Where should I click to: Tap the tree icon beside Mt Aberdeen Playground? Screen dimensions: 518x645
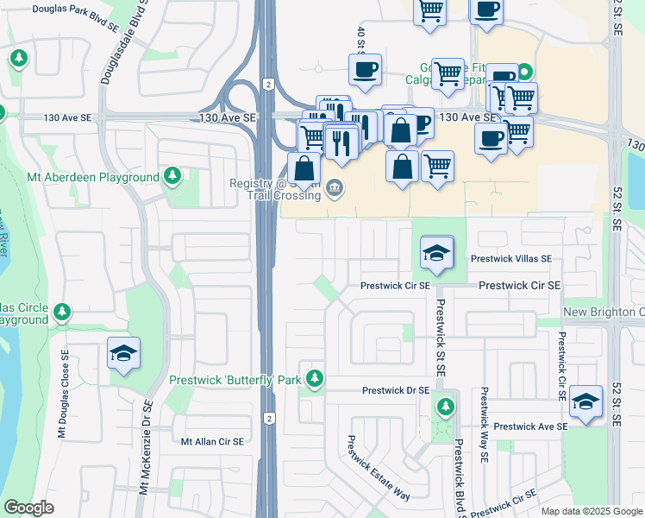point(172,177)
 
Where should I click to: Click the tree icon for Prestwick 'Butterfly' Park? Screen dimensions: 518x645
point(316,378)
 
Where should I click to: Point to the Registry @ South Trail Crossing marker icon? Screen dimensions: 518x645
point(335,188)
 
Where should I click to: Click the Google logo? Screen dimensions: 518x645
point(28,508)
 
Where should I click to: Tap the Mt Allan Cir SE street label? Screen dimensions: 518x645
point(212,441)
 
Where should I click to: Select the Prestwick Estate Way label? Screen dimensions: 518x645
point(377,466)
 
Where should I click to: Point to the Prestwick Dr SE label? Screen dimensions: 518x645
point(395,390)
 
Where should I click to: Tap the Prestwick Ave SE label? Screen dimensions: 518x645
point(530,426)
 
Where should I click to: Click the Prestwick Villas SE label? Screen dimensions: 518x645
point(511,258)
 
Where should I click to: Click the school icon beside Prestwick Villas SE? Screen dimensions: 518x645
point(437,253)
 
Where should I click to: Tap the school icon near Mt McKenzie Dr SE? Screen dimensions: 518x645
point(124,353)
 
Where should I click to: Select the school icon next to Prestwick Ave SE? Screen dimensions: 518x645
point(586,401)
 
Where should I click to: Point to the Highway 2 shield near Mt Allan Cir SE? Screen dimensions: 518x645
point(269,419)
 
